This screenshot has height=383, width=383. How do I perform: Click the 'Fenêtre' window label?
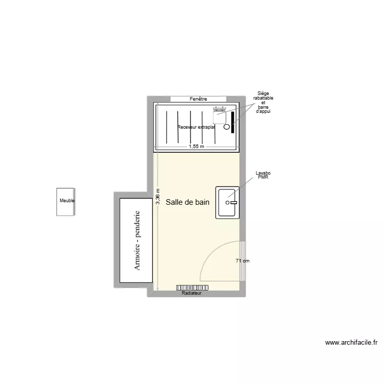pyautogui.click(x=198, y=99)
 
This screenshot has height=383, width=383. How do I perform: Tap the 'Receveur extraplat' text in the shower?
pyautogui.click(x=196, y=127)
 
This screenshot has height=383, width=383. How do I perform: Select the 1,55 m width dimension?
pyautogui.click(x=196, y=146)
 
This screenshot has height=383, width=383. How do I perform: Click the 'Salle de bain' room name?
pyautogui.click(x=187, y=202)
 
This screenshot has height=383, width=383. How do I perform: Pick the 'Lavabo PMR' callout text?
pyautogui.click(x=263, y=175)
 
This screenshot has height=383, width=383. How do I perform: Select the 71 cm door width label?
pyautogui.click(x=243, y=261)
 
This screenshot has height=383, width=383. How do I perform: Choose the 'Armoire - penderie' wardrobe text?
pyautogui.click(x=137, y=241)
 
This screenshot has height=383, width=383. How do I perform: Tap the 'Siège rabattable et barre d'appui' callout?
pyautogui.click(x=263, y=102)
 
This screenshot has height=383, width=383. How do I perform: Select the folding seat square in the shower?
pyautogui.click(x=220, y=116)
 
